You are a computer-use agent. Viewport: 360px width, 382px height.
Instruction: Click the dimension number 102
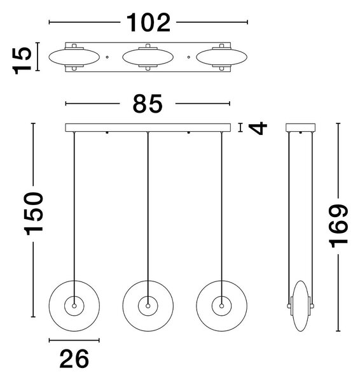(x=148, y=22)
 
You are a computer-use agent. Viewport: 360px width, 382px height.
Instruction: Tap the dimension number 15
(x=22, y=60)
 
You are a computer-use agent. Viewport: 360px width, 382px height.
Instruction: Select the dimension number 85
(x=148, y=104)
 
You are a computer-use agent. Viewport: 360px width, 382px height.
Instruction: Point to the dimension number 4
(x=258, y=128)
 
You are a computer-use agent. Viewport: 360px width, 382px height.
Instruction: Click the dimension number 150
(x=34, y=213)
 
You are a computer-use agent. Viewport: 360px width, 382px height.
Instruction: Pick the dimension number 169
(x=338, y=226)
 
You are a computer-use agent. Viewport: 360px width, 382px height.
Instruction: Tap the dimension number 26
(x=74, y=358)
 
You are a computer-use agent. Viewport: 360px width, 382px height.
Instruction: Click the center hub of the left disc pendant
(x=74, y=306)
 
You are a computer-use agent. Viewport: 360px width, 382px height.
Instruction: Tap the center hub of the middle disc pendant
(x=148, y=306)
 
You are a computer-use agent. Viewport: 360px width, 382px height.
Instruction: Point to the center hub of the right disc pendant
(x=221, y=306)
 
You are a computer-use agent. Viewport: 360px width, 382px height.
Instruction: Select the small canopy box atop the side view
(x=301, y=128)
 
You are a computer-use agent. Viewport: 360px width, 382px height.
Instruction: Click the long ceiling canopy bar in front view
(x=148, y=128)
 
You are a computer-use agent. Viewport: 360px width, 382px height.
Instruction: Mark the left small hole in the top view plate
(x=107, y=57)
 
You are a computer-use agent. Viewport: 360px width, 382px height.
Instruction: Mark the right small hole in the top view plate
(x=189, y=57)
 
